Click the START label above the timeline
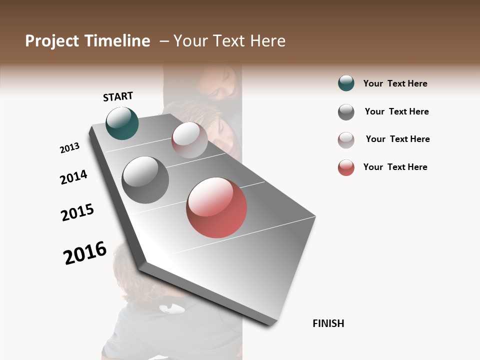(118, 96)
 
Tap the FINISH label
(328, 323)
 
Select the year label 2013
(69, 148)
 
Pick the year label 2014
(73, 177)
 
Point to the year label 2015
(77, 213)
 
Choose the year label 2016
(85, 253)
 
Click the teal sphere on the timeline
(122, 123)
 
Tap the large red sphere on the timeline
(216, 207)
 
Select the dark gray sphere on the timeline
(145, 180)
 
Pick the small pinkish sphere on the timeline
(189, 140)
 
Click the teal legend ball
(346, 83)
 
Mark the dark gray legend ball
(346, 112)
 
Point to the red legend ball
(346, 167)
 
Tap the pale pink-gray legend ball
(346, 140)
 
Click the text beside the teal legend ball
(395, 83)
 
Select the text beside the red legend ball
(395, 167)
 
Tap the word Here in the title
(267, 41)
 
